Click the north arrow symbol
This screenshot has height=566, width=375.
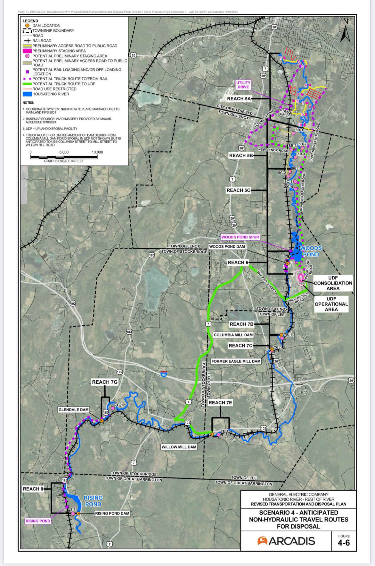coord(345,31)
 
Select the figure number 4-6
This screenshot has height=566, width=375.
coord(343,543)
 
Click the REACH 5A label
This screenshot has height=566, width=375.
coord(239,99)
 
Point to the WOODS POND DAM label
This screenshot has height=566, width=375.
coord(227,247)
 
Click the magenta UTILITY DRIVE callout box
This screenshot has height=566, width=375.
coord(243,85)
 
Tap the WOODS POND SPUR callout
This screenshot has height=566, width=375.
coord(240,237)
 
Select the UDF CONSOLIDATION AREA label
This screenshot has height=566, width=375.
coord(333,283)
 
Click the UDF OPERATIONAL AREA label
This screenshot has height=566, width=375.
coord(331,304)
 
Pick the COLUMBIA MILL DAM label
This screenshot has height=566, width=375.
coord(233,335)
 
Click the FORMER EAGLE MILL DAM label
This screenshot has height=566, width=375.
coord(236,361)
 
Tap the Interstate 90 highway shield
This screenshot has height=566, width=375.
coord(164,374)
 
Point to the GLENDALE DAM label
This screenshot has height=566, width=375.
coord(73,410)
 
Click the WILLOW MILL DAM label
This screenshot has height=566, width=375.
coord(179,447)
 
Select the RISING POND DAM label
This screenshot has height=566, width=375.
coord(112,514)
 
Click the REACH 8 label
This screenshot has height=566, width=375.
coord(33,489)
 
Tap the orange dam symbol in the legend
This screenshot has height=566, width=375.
coord(27,26)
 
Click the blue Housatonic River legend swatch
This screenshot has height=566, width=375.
coord(27,94)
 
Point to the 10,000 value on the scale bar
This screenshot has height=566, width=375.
coord(97,152)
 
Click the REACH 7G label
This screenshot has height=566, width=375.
coord(105,382)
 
